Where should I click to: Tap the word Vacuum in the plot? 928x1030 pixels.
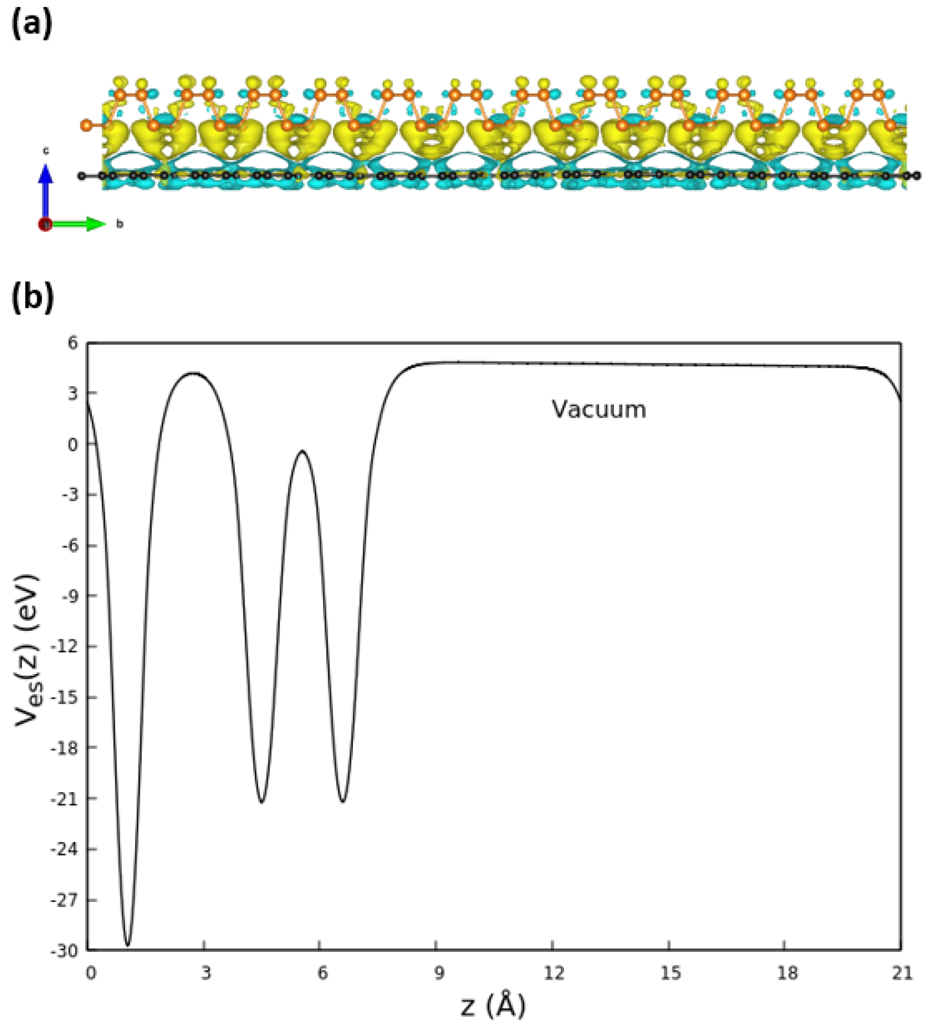click(x=599, y=410)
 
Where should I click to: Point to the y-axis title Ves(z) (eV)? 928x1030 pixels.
click(x=27, y=650)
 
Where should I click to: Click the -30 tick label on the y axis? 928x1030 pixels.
click(x=64, y=951)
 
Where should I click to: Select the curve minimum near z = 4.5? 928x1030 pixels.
click(x=262, y=802)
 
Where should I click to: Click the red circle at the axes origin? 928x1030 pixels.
click(x=46, y=225)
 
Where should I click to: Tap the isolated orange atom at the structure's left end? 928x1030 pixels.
click(x=86, y=125)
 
